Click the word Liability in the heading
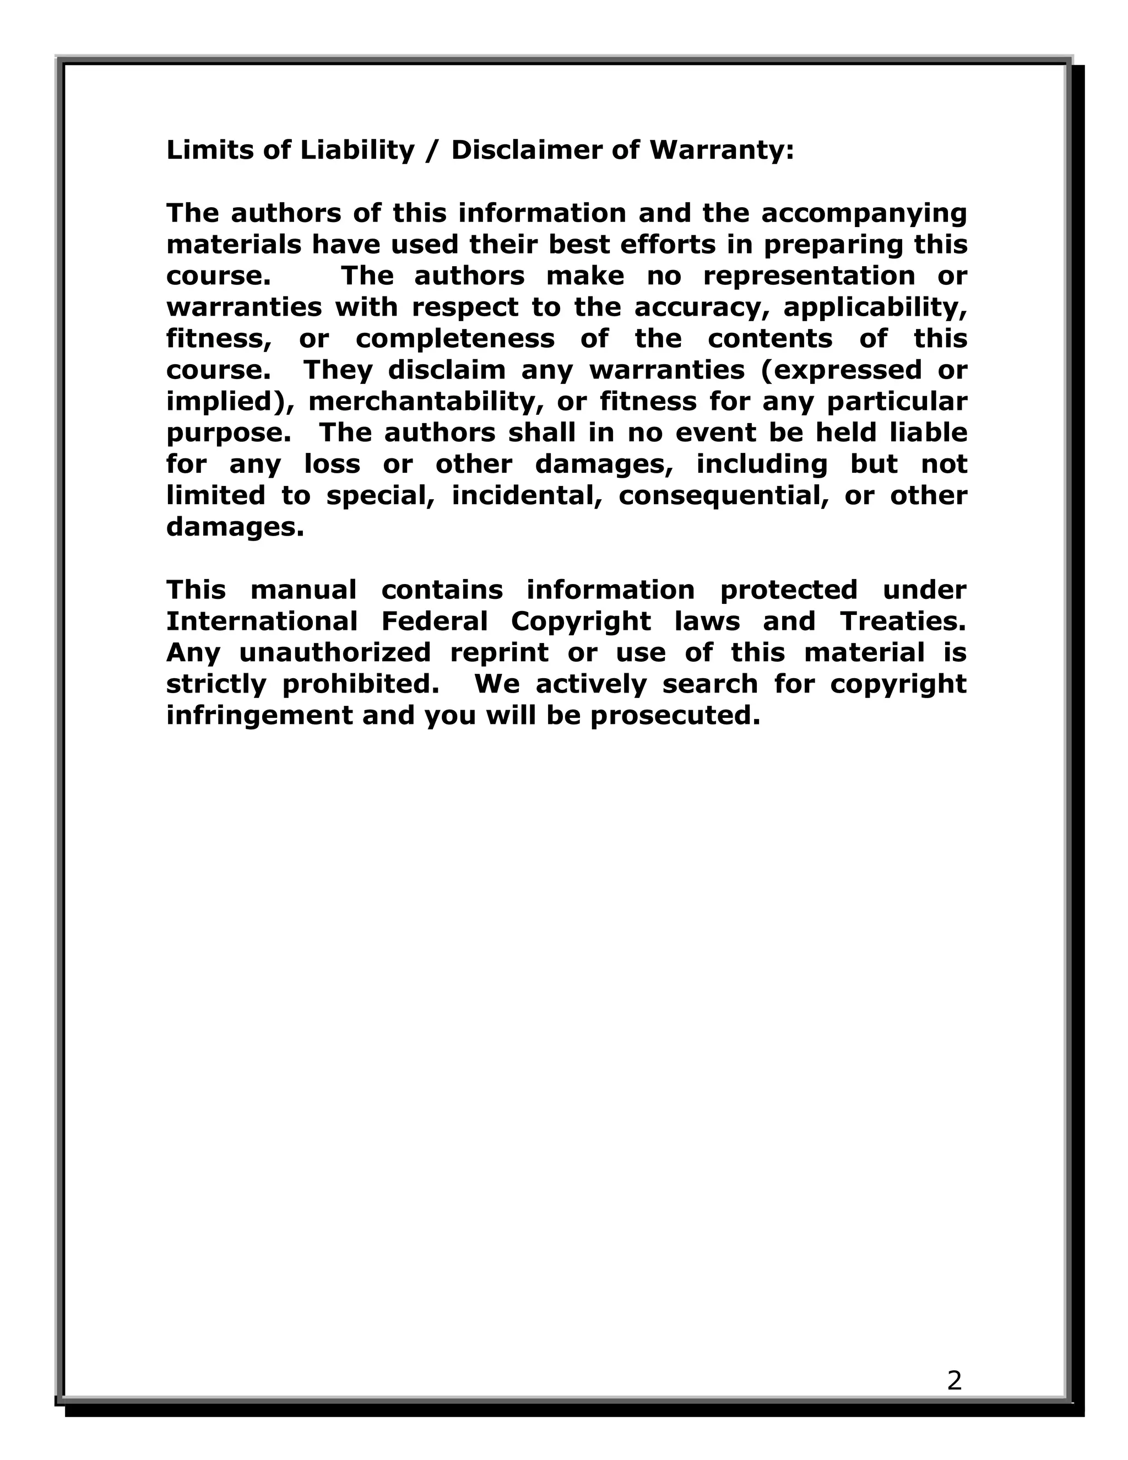point(357,150)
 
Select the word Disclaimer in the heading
point(525,150)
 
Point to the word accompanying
point(864,214)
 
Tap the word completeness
point(454,339)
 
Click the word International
point(261,621)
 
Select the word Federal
point(435,621)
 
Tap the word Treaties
point(903,621)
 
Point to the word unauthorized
point(335,653)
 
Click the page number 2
point(955,1381)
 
